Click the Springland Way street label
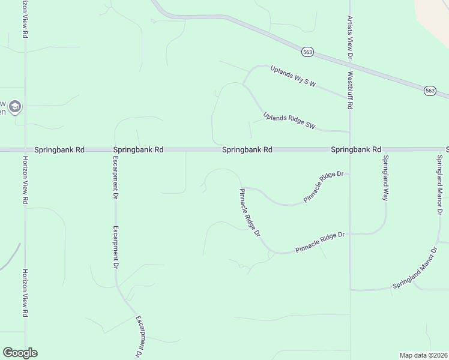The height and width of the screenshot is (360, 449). coord(386,178)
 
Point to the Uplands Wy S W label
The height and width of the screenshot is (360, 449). coord(292,76)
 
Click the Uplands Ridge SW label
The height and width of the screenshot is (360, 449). coord(289,120)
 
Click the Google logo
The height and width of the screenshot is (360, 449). coord(20,353)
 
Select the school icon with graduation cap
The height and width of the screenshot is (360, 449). coord(15,107)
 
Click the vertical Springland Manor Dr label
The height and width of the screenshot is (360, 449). coord(439,186)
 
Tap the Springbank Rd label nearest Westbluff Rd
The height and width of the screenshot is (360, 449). coord(356,149)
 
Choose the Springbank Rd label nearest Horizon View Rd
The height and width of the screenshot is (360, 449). coord(59,149)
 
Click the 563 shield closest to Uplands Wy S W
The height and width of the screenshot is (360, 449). coord(307,52)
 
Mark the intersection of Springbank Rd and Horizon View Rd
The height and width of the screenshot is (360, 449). coord(25,149)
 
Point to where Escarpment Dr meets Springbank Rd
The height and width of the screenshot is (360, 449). coord(115,149)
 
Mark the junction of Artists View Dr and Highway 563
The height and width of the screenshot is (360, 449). coord(349,65)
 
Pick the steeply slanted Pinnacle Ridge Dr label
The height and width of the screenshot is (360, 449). coord(249,212)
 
